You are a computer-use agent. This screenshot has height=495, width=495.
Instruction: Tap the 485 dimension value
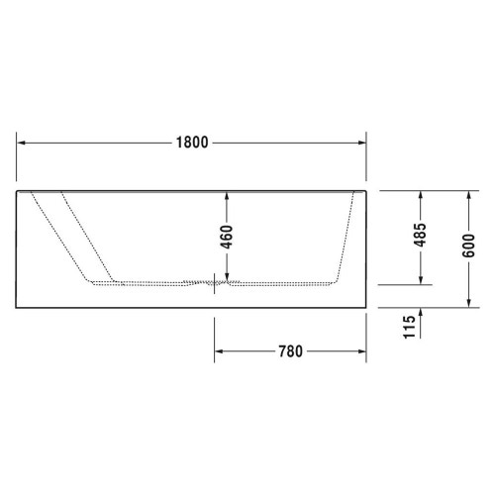click(x=421, y=235)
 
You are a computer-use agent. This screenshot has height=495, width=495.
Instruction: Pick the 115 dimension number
click(x=409, y=328)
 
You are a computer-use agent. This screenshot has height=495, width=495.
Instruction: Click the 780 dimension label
click(x=289, y=350)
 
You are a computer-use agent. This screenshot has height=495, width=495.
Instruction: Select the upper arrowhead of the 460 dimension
click(x=226, y=192)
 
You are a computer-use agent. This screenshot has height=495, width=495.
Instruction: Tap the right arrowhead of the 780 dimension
click(x=362, y=350)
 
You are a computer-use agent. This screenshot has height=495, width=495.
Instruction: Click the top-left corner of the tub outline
click(x=18, y=187)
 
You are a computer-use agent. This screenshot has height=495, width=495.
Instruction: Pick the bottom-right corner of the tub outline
click(x=367, y=307)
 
